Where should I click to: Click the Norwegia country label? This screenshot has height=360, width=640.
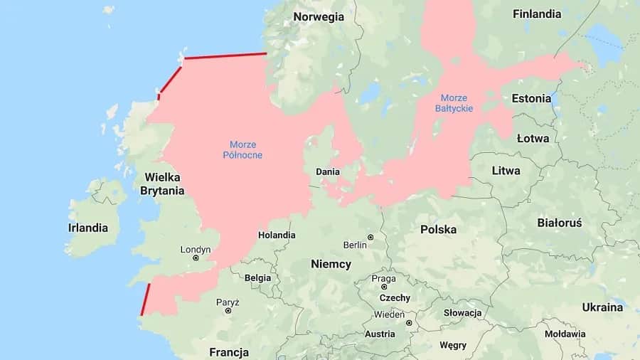click(319, 17)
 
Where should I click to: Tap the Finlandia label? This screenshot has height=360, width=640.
click(537, 14)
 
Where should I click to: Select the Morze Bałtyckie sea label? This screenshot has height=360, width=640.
click(457, 102)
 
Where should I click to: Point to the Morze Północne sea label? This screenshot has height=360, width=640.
click(242, 149)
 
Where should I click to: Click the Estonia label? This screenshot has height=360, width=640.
click(531, 99)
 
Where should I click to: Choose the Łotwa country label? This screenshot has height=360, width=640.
click(533, 138)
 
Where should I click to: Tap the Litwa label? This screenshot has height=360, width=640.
click(506, 171)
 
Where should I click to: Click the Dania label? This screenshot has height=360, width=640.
click(328, 171)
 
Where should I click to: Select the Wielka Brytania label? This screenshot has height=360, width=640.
click(162, 184)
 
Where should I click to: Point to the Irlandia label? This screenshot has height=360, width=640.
click(88, 228)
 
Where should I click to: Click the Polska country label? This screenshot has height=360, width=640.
click(438, 229)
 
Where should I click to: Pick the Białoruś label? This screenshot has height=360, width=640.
click(560, 223)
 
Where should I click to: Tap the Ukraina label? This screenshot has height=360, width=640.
click(602, 307)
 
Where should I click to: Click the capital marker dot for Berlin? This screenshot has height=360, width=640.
click(370, 237)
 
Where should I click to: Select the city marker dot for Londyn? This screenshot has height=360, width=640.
click(196, 258)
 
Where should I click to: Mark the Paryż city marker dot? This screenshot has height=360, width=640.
click(228, 311)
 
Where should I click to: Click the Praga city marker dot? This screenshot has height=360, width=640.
click(383, 287)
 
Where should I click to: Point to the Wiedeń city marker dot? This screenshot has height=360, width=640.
click(409, 322)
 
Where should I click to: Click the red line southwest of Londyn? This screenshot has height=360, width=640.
click(145, 300)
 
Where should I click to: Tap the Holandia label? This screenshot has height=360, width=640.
click(277, 235)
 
